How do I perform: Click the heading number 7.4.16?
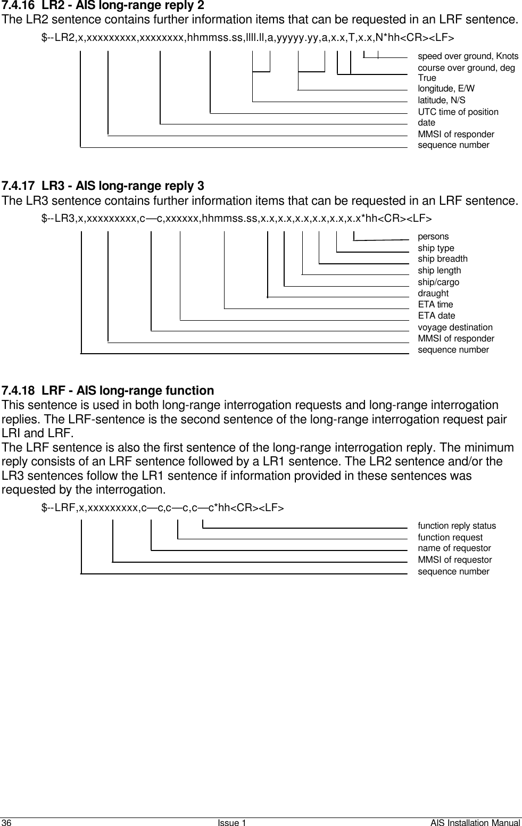click(20, 6)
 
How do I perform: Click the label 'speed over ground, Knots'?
click(468, 56)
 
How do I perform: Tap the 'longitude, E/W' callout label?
click(446, 89)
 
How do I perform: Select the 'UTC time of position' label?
click(458, 112)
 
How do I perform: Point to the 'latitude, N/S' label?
click(441, 101)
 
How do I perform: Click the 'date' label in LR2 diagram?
click(426, 123)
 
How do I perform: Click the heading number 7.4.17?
click(20, 186)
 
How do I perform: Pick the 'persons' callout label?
click(433, 237)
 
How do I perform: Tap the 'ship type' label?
click(436, 248)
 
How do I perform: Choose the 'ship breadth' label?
click(443, 259)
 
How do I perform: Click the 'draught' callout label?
click(433, 294)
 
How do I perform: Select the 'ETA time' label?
click(435, 305)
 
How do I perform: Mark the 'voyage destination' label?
click(455, 328)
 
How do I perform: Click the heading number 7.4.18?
click(20, 391)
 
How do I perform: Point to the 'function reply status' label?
click(457, 526)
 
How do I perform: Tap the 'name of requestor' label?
click(454, 548)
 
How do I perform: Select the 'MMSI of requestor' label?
click(455, 560)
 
